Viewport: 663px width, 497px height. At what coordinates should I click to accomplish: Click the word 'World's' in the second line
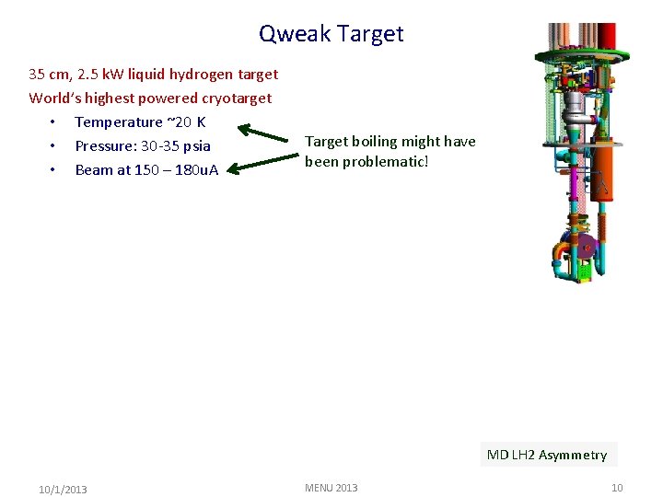pyautogui.click(x=53, y=98)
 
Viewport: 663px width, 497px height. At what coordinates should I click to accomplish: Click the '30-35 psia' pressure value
pyautogui.click(x=176, y=145)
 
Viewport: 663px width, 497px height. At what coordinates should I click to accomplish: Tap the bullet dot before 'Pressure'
pyautogui.click(x=55, y=145)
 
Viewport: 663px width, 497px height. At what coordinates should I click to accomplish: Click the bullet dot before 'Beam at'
pyautogui.click(x=55, y=169)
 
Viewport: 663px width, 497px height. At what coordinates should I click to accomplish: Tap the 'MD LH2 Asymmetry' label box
pyautogui.click(x=547, y=455)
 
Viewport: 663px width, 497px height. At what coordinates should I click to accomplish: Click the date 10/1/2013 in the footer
pyautogui.click(x=63, y=489)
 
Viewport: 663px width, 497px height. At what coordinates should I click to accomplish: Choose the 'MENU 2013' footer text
pyautogui.click(x=331, y=488)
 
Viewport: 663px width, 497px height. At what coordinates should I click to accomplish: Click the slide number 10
pyautogui.click(x=617, y=488)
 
